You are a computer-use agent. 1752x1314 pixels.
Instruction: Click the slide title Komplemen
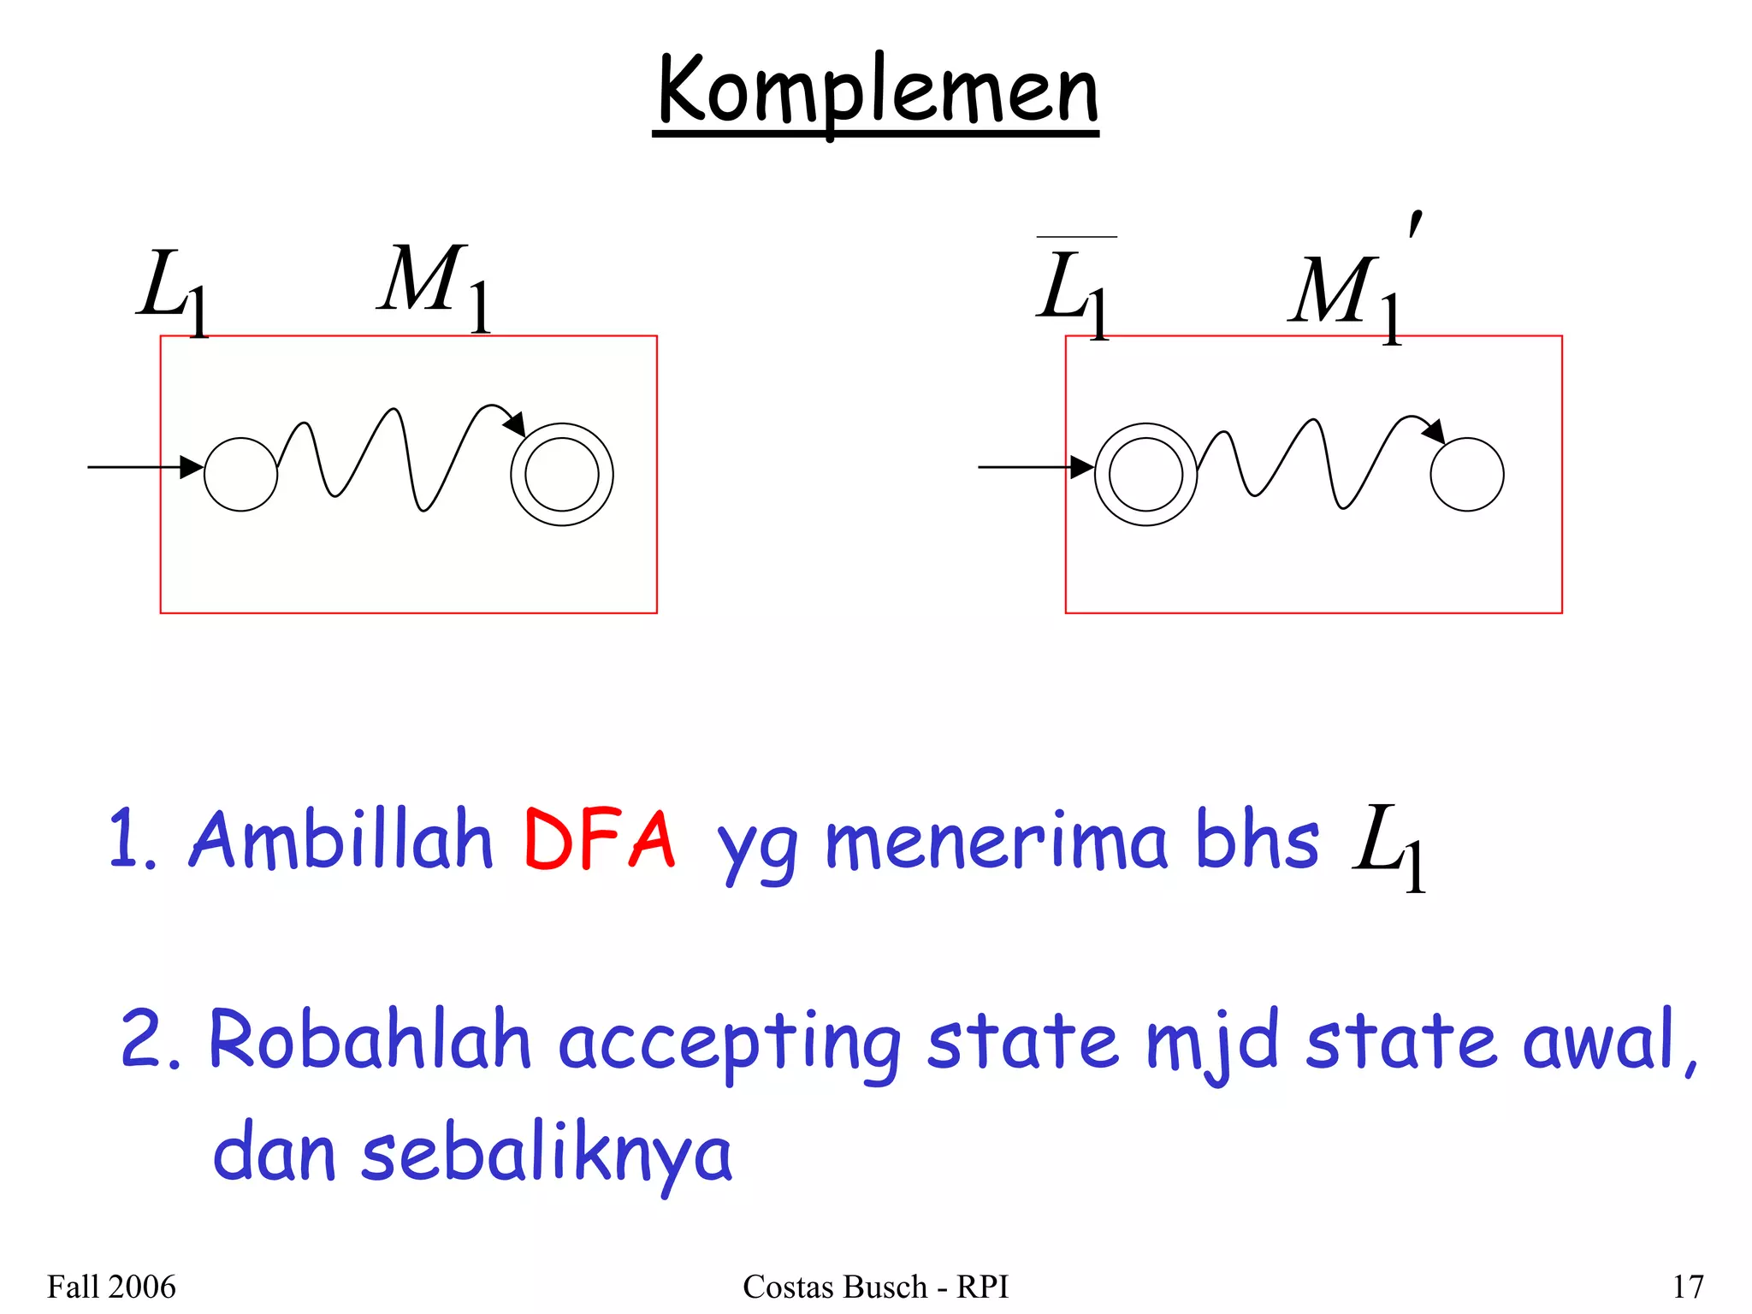(877, 92)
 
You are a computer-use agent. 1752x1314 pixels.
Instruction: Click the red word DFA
(600, 840)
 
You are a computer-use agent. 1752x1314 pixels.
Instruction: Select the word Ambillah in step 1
(341, 840)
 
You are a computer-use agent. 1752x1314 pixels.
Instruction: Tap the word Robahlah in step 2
(370, 1041)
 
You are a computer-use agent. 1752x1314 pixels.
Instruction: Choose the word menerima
(996, 843)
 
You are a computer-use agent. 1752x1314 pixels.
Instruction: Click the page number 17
(1687, 1287)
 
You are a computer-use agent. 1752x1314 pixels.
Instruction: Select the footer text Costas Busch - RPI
(875, 1287)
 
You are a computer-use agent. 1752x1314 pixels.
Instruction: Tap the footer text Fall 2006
(111, 1287)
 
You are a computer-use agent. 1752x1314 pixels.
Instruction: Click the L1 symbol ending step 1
(1388, 844)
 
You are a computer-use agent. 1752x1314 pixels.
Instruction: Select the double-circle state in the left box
(562, 475)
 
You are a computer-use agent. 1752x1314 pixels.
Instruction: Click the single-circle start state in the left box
(240, 475)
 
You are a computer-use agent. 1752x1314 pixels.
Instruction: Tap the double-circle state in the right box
(1145, 475)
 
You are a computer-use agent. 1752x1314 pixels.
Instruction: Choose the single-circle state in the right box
(1467, 475)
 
